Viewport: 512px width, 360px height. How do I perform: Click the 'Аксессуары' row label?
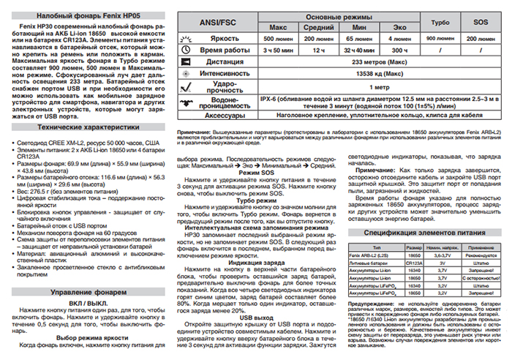point(212,116)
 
